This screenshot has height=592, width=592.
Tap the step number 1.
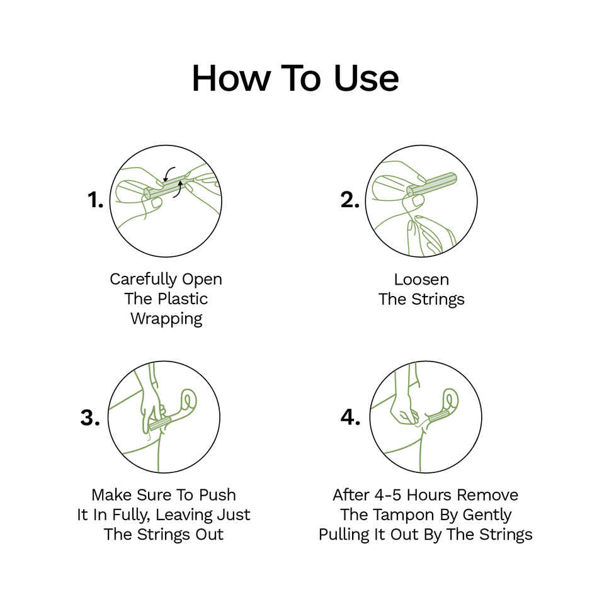pyautogui.click(x=95, y=200)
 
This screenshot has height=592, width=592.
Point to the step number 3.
pyautogui.click(x=90, y=418)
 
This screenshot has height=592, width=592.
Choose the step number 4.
pyautogui.click(x=351, y=418)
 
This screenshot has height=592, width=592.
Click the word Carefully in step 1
pyautogui.click(x=144, y=279)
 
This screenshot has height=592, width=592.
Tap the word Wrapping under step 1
pyautogui.click(x=166, y=319)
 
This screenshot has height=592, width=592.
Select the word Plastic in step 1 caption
pyautogui.click(x=183, y=299)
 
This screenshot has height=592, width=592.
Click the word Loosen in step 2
pyautogui.click(x=421, y=279)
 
